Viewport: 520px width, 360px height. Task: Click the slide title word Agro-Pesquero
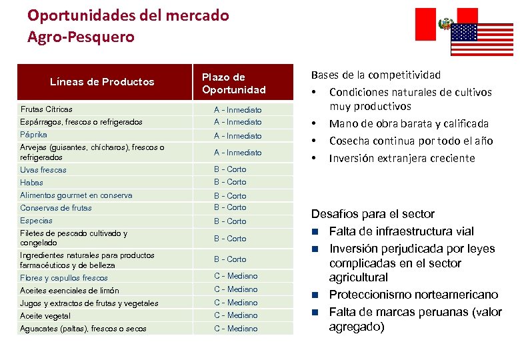coord(81,37)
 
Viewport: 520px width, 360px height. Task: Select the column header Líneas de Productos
coord(102,82)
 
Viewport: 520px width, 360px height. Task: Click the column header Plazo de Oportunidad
coord(233,83)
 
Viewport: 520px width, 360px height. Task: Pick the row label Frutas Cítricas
coord(47,109)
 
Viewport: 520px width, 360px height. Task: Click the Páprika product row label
coord(34,135)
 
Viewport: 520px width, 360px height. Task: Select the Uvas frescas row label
coord(43,170)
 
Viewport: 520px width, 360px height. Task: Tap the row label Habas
coord(31,183)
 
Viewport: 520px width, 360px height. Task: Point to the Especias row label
coord(36,221)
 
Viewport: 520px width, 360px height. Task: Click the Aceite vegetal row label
coord(45,316)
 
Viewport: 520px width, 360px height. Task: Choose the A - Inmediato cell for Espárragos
coord(237,122)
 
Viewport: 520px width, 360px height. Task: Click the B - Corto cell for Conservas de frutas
coord(230,207)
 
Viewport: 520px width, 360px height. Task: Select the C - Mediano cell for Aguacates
coord(235,329)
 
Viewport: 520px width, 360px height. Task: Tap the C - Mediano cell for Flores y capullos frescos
coord(235,276)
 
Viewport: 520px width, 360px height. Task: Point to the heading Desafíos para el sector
coord(373,214)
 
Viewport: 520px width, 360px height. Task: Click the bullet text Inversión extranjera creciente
coord(402,158)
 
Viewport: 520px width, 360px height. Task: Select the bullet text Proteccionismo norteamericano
coord(413,295)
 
